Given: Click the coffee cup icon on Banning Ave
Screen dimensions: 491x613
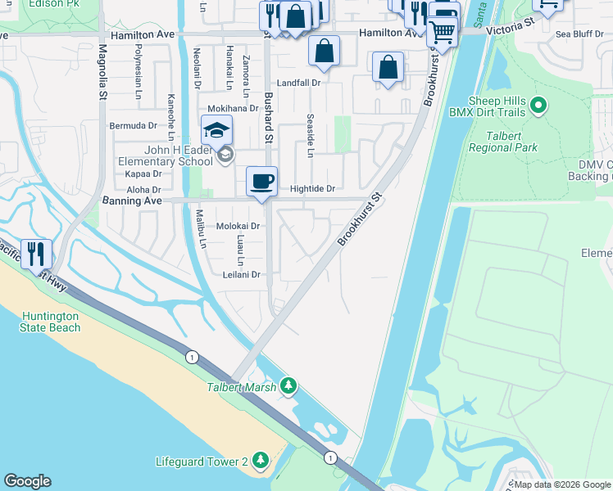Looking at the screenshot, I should [x=261, y=182].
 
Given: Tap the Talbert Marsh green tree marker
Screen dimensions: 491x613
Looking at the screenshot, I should [x=288, y=385].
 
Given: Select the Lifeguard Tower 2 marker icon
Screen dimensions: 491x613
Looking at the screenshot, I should [x=261, y=462].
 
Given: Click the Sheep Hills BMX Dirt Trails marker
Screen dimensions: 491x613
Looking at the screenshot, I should [x=538, y=105].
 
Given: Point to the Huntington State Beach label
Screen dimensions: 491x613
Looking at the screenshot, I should [x=51, y=322].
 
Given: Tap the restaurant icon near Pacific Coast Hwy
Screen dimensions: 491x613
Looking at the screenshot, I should [x=37, y=254].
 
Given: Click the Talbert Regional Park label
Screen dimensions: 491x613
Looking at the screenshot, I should [x=502, y=142].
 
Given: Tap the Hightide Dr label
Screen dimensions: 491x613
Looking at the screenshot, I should [x=312, y=189].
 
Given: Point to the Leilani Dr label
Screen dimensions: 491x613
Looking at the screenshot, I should [x=241, y=275].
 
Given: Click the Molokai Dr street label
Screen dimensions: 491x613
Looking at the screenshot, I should [x=238, y=226].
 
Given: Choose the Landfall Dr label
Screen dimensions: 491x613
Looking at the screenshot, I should [x=297, y=83].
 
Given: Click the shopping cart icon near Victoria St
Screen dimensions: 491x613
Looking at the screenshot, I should [x=442, y=33].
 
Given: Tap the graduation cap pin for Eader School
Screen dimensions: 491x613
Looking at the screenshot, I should [x=217, y=131].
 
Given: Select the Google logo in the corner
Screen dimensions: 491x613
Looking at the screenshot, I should [x=28, y=481].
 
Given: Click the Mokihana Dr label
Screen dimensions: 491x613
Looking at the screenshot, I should [x=233, y=108].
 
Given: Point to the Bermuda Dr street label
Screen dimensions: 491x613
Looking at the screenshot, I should [x=134, y=126].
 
